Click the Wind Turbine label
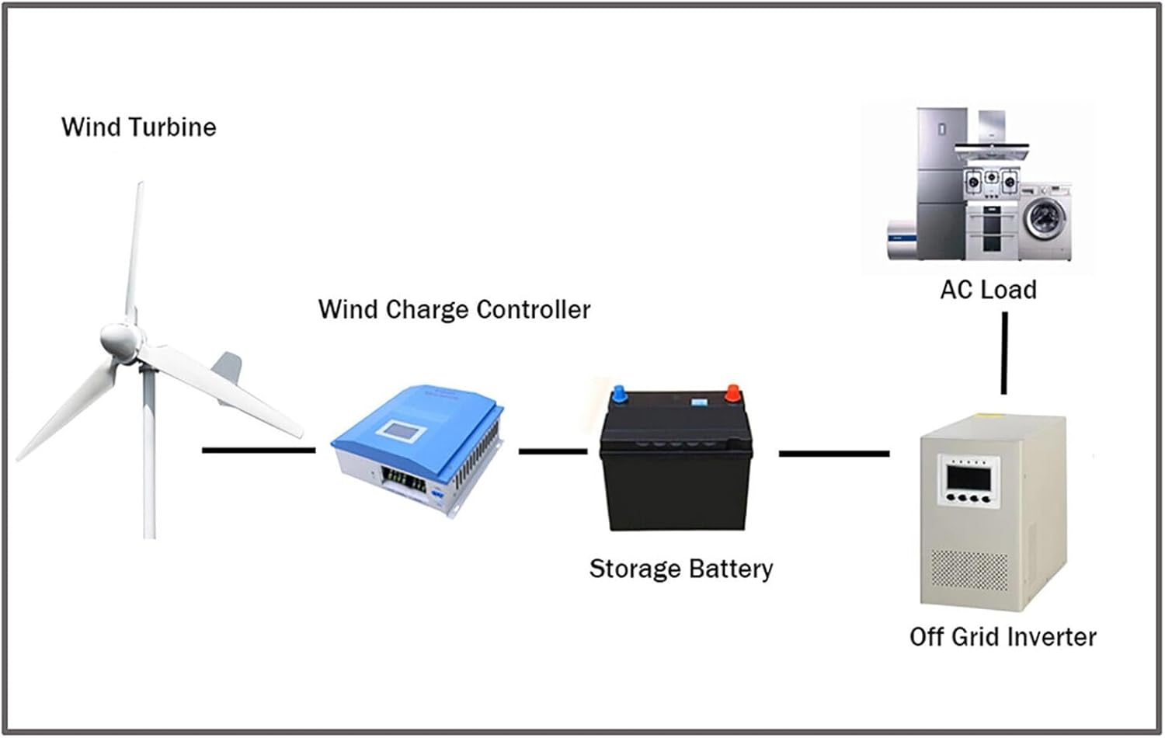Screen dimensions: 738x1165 pyautogui.click(x=138, y=127)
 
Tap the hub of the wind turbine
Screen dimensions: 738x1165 pyautogui.click(x=121, y=340)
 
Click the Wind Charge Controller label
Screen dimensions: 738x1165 pyautogui.click(x=454, y=309)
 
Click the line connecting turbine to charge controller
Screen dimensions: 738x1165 pyautogui.click(x=258, y=450)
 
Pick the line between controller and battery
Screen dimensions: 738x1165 pyautogui.click(x=552, y=451)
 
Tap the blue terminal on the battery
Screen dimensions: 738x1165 pyautogui.click(x=619, y=394)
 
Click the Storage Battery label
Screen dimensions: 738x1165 pyautogui.click(x=680, y=569)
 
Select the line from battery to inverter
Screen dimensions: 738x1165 pyautogui.click(x=833, y=453)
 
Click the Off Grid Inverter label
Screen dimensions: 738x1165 pyautogui.click(x=1002, y=637)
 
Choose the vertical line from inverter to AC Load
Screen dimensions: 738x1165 pyautogui.click(x=1004, y=353)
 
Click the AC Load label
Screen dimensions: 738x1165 pyautogui.click(x=988, y=290)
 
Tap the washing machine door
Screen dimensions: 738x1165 pyautogui.click(x=1042, y=217)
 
